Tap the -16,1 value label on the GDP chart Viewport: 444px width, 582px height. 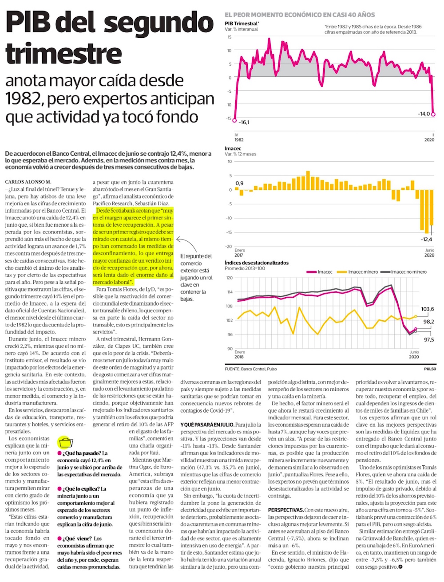[x=243, y=122]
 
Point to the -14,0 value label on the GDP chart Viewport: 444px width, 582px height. [x=424, y=114]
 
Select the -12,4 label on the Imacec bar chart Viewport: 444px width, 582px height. [x=427, y=240]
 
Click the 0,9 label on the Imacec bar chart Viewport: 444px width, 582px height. [x=239, y=183]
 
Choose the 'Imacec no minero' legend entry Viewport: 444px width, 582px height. [x=408, y=272]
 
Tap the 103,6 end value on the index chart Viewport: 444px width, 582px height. [x=428, y=309]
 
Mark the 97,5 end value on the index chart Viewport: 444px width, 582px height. [x=428, y=340]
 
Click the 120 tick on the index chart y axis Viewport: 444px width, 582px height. [x=229, y=278]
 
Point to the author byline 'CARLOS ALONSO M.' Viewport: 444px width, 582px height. [x=28, y=182]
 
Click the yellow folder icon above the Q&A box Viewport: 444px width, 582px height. [x=65, y=442]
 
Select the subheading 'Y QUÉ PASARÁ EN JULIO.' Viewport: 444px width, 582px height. [x=207, y=425]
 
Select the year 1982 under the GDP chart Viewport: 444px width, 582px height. [x=238, y=140]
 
